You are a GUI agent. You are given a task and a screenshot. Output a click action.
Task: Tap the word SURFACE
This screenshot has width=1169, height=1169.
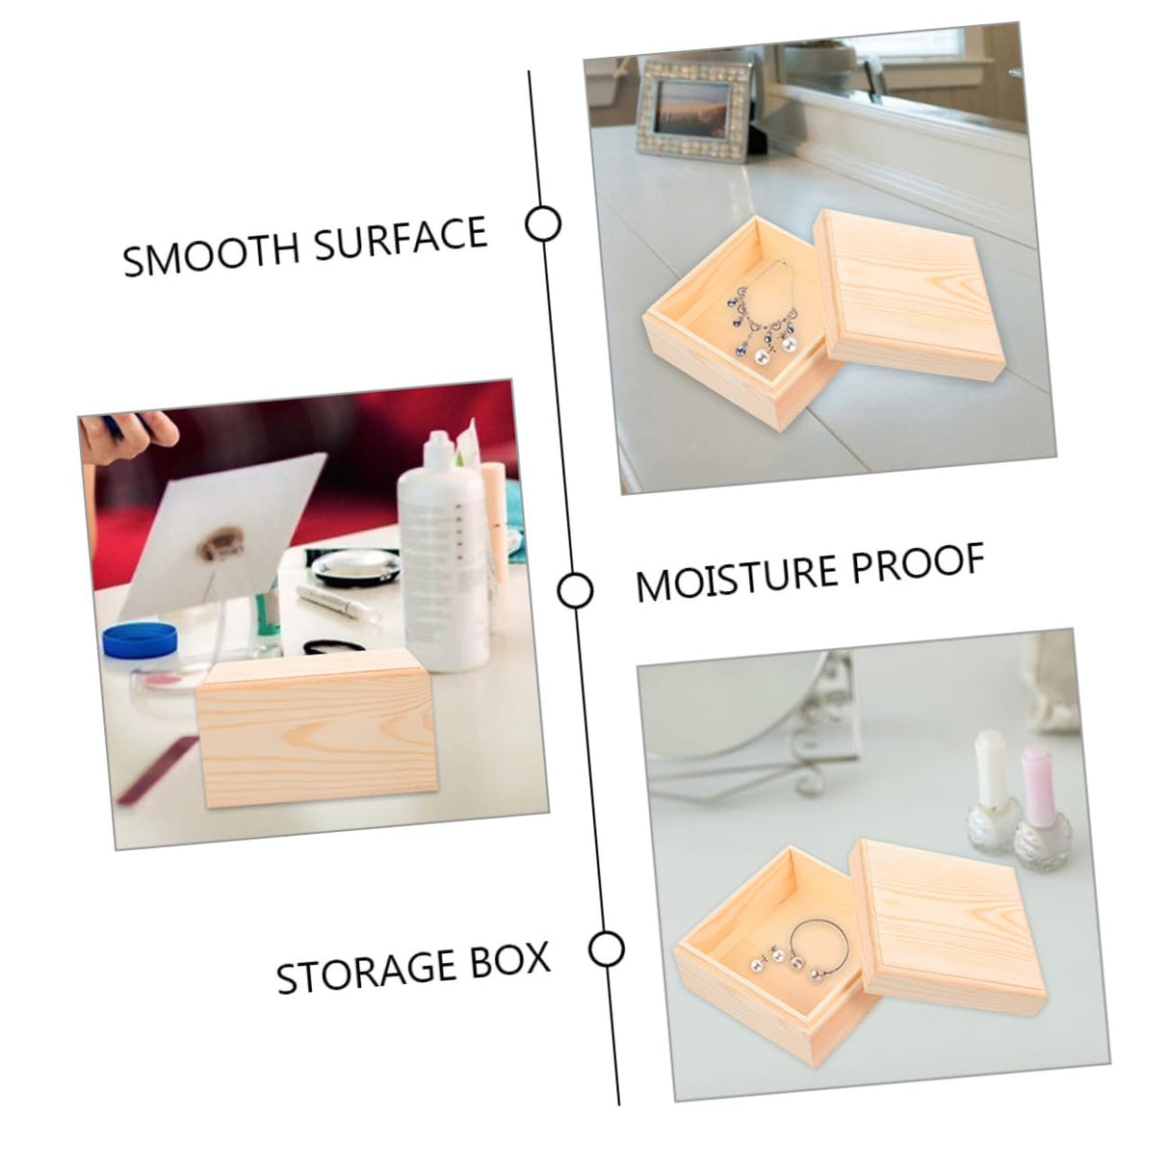[402, 239]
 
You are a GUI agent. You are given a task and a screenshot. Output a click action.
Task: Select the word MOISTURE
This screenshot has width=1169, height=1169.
[731, 576]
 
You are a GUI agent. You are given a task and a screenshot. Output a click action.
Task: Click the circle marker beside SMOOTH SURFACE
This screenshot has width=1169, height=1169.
[543, 223]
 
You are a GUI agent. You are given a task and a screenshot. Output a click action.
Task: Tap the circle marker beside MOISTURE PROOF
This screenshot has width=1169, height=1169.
[575, 590]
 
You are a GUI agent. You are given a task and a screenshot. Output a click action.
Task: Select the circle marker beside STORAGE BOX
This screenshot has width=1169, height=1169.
[606, 948]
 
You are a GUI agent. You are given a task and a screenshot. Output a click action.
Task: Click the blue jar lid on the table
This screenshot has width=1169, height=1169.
[141, 640]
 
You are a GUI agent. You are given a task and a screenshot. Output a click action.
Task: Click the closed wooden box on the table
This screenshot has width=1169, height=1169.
[317, 729]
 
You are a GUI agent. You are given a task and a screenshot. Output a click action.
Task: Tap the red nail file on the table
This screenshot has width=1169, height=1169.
[157, 769]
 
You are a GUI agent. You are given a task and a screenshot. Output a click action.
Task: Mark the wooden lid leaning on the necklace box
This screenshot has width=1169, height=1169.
[909, 295]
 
